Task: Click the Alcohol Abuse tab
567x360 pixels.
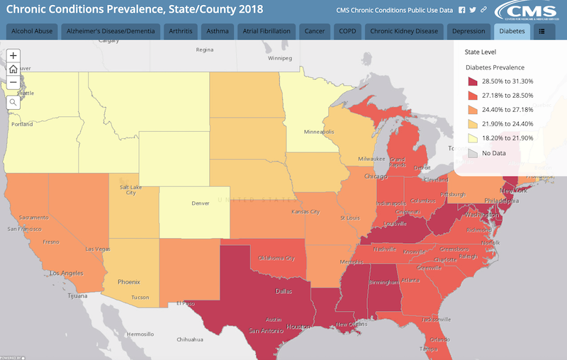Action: coord(31,32)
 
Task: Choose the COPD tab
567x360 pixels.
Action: coord(347,32)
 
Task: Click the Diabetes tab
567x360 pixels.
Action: coord(511,32)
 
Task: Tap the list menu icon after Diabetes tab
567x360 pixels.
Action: coord(542,32)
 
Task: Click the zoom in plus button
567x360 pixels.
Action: coord(13,55)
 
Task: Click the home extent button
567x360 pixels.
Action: coord(13,69)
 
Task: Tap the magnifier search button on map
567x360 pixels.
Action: coord(13,102)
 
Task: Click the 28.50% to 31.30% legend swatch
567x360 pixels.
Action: coord(473,81)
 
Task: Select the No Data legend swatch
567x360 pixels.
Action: coord(473,153)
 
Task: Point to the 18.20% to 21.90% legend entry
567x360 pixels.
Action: coord(507,139)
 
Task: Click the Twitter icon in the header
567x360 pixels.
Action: coord(473,11)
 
